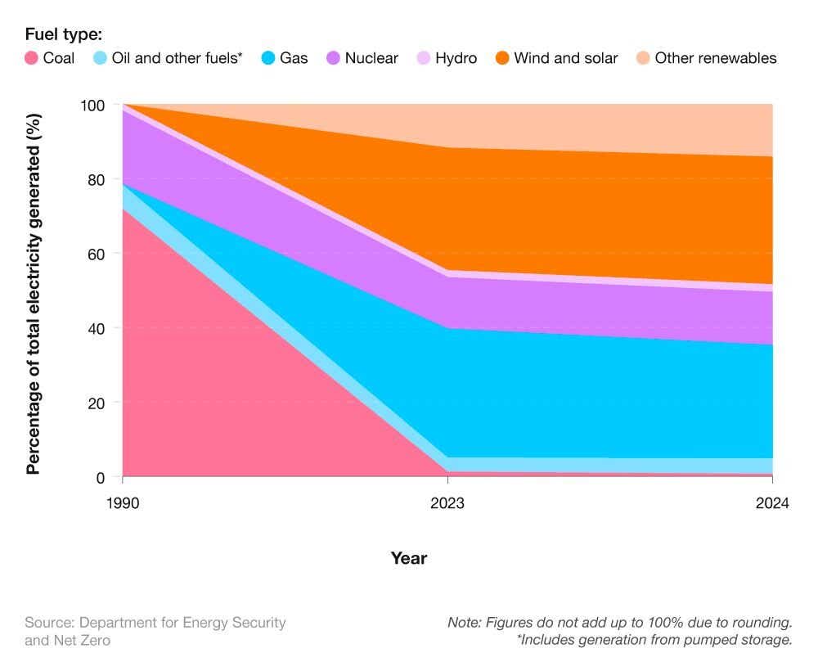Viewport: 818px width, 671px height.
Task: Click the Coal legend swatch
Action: (32, 58)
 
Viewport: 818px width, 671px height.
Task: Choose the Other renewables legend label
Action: (715, 58)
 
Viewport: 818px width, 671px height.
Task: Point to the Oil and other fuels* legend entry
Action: (177, 58)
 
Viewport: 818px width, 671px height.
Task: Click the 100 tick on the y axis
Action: (93, 106)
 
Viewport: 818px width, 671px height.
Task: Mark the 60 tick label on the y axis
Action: (97, 254)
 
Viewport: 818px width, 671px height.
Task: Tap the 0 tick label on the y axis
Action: (101, 478)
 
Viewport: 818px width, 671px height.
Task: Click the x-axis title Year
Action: (408, 558)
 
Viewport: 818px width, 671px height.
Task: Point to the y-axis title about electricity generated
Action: (34, 293)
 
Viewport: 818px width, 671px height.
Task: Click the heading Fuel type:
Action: (64, 34)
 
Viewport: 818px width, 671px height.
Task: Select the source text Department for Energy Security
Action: (155, 623)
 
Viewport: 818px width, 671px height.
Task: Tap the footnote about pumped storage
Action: (654, 640)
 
